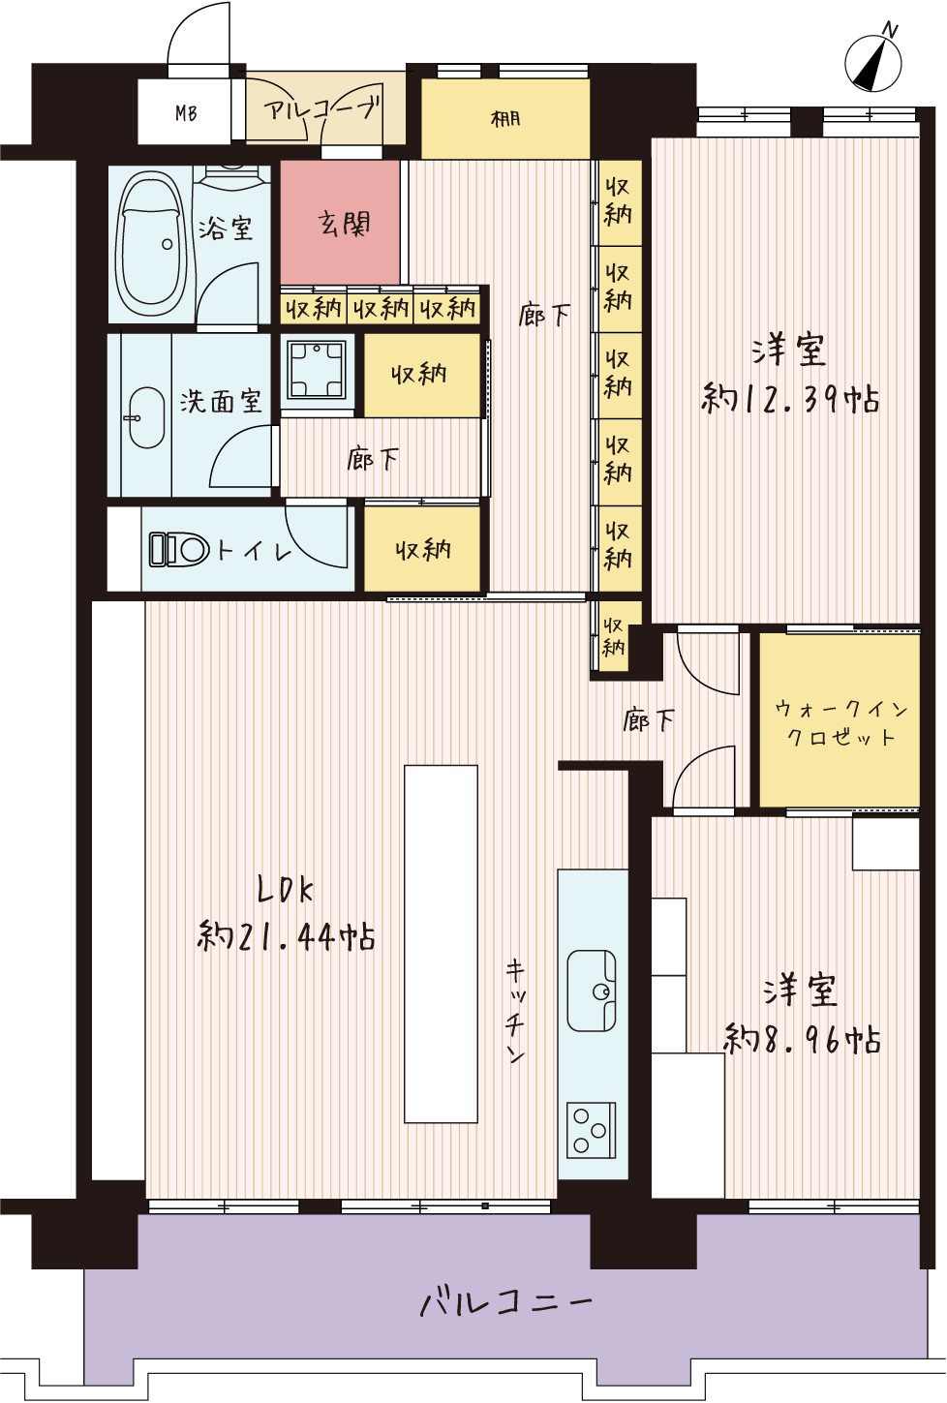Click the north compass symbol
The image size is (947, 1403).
click(x=873, y=61)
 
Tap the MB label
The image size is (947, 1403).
click(x=186, y=114)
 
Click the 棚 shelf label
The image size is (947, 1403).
click(x=505, y=118)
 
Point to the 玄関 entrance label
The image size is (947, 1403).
click(x=343, y=224)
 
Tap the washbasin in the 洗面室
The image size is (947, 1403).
click(x=147, y=417)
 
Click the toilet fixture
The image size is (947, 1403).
click(x=178, y=549)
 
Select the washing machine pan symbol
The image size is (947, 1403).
click(x=317, y=370)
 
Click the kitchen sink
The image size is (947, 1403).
click(x=592, y=991)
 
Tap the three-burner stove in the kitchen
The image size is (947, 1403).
click(x=592, y=1129)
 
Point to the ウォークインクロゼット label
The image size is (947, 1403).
click(x=840, y=722)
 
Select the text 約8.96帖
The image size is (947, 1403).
click(x=803, y=1039)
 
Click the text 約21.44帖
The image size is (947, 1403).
click(x=287, y=937)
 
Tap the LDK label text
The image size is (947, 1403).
click(x=286, y=890)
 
